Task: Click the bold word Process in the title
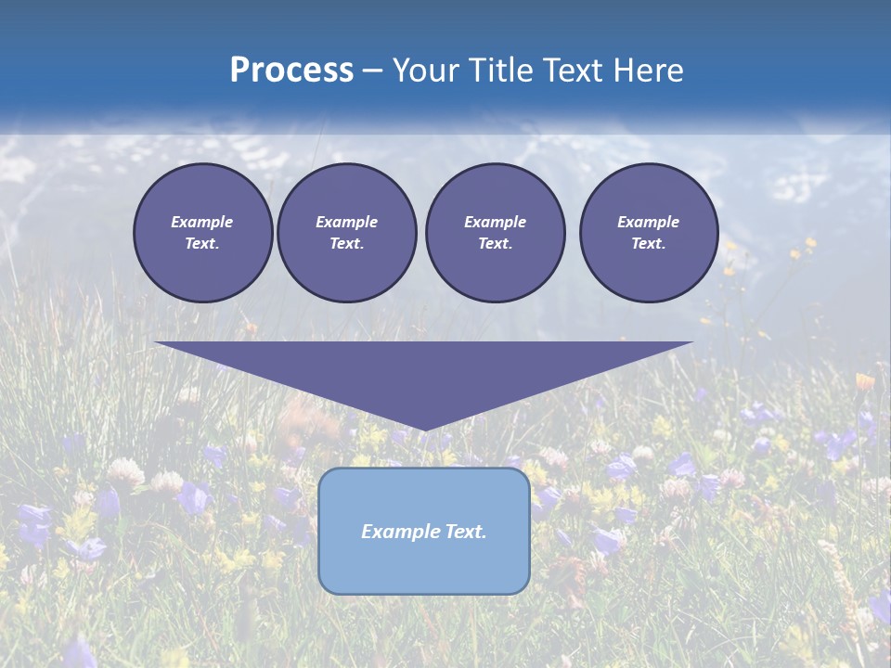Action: pyautogui.click(x=291, y=71)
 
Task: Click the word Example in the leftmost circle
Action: pyautogui.click(x=202, y=222)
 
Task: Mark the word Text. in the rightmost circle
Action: pyautogui.click(x=648, y=244)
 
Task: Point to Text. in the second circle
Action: pyautogui.click(x=346, y=244)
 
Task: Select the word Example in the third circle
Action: pyautogui.click(x=495, y=222)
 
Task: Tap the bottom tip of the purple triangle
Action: pyautogui.click(x=425, y=428)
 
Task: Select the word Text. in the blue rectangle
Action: pyautogui.click(x=467, y=532)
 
